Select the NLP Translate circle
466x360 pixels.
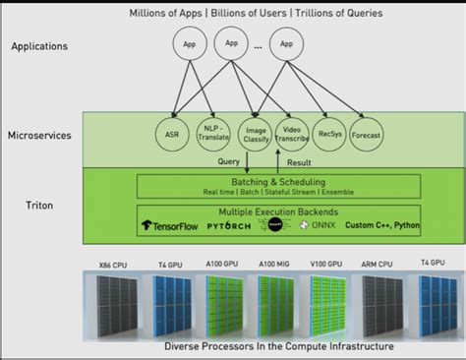(209, 135)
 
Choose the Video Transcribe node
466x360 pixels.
(292, 135)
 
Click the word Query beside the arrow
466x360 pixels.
(229, 161)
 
